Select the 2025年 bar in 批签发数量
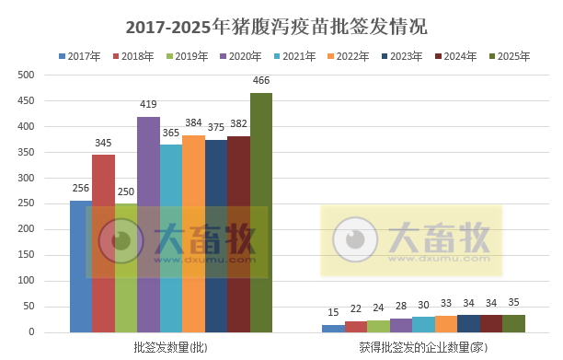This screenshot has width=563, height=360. (x=261, y=212)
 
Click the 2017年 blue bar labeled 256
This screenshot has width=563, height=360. (x=81, y=266)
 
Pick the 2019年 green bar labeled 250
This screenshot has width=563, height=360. (x=126, y=267)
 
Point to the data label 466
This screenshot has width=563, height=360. (x=261, y=81)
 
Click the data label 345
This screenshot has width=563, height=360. (x=103, y=143)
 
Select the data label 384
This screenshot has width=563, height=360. (x=193, y=123)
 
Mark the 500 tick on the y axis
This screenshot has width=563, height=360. (x=27, y=75)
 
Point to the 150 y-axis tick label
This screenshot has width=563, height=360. (x=27, y=255)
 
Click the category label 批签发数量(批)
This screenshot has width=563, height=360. (x=170, y=347)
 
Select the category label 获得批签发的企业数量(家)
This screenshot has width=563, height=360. (x=422, y=347)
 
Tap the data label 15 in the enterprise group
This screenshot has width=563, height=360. (x=333, y=312)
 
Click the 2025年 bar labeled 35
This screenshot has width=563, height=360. (x=513, y=323)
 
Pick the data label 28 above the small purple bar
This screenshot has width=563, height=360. (x=401, y=306)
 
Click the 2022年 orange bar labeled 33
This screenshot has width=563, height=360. (x=445, y=324)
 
